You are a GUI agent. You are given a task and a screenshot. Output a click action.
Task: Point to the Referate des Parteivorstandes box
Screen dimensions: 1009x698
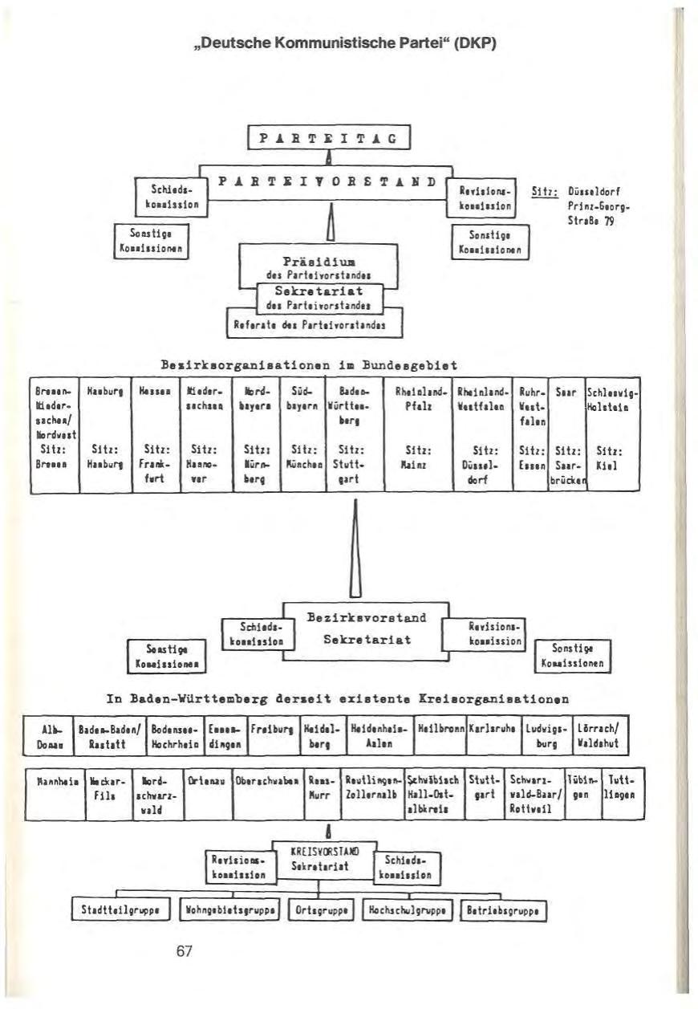click(x=314, y=325)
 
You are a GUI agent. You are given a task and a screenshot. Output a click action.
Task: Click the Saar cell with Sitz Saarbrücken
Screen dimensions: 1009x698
click(x=566, y=433)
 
